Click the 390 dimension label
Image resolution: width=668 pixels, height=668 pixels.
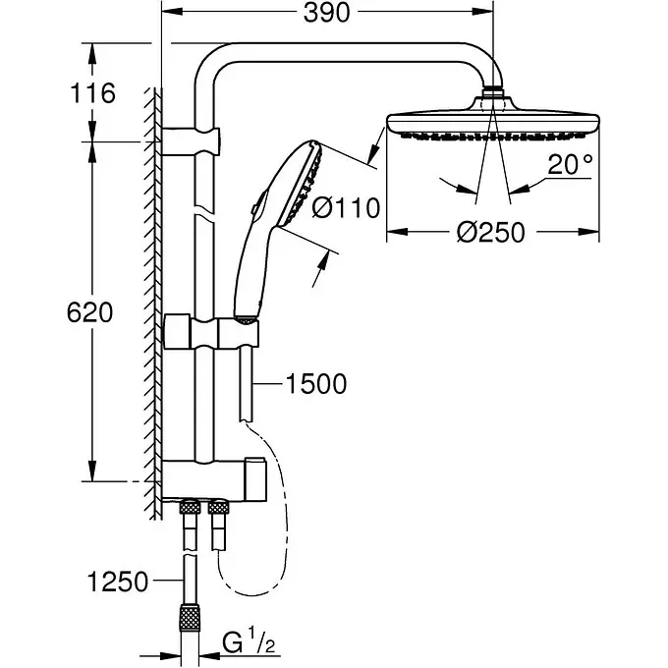(x=326, y=13)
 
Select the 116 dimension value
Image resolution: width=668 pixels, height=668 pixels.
(x=93, y=93)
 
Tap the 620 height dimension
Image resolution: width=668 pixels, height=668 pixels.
(x=90, y=312)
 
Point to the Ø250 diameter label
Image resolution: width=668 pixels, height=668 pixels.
(x=491, y=232)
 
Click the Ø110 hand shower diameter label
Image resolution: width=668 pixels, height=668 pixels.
(x=346, y=208)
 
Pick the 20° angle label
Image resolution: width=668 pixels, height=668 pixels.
(x=570, y=164)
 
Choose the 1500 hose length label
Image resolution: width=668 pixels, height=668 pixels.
(x=315, y=384)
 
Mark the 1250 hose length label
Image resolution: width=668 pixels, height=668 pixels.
(x=118, y=582)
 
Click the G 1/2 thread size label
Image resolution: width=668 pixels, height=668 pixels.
(x=249, y=643)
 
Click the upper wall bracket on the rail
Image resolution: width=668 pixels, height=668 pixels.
(x=191, y=141)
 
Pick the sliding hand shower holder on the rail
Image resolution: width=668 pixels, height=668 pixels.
(x=211, y=332)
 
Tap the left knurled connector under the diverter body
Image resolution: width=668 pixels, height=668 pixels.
(x=190, y=508)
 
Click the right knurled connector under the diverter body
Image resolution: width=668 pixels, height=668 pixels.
(x=218, y=508)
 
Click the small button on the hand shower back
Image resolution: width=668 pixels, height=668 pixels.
(x=254, y=208)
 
